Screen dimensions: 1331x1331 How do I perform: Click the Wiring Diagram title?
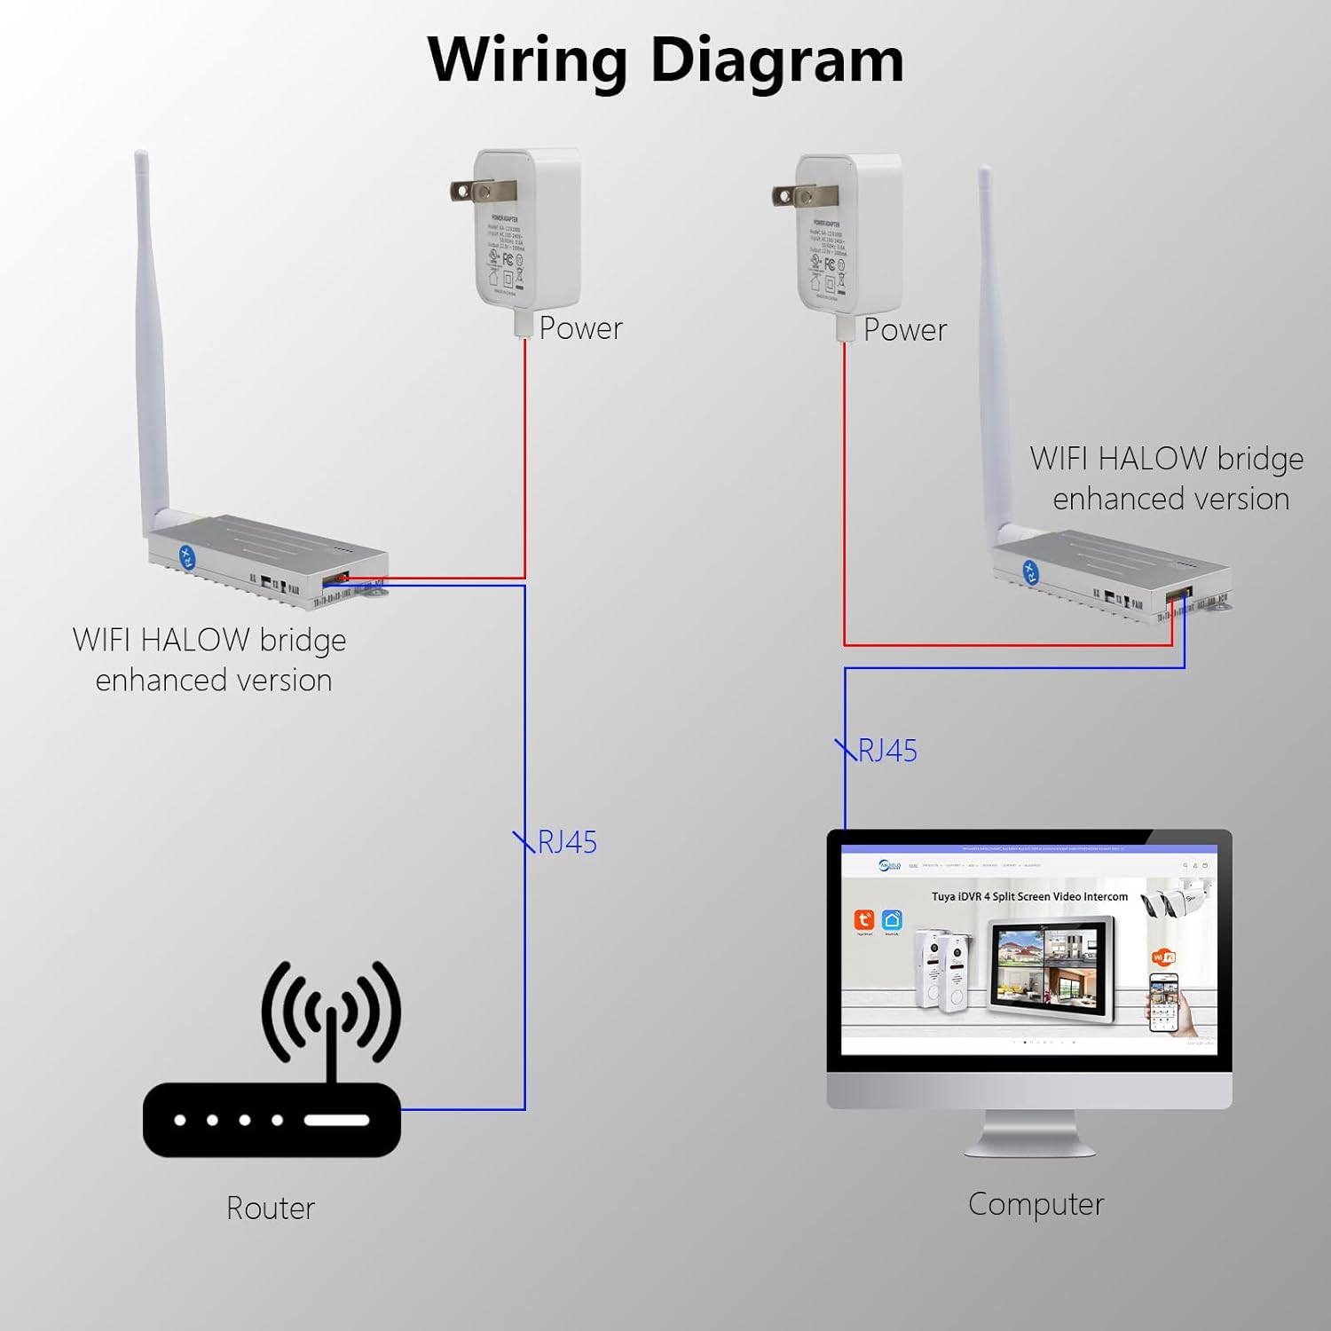665,60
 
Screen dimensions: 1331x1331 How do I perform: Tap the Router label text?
271,1208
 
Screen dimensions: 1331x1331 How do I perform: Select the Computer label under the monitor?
1036,1204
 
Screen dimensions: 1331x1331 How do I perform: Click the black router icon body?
272,1120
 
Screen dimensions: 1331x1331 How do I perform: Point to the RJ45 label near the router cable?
567,842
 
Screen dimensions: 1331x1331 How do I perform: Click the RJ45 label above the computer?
887,751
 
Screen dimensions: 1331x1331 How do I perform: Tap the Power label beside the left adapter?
581,328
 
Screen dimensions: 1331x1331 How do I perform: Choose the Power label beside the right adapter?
905,330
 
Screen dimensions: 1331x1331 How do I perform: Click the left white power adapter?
528,231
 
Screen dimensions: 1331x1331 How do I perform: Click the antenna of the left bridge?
151,337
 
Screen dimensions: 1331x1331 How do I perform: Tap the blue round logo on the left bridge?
187,557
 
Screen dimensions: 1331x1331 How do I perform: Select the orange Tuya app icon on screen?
863,920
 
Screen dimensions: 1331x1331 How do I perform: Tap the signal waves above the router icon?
331,1012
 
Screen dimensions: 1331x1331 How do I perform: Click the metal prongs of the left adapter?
470,190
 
